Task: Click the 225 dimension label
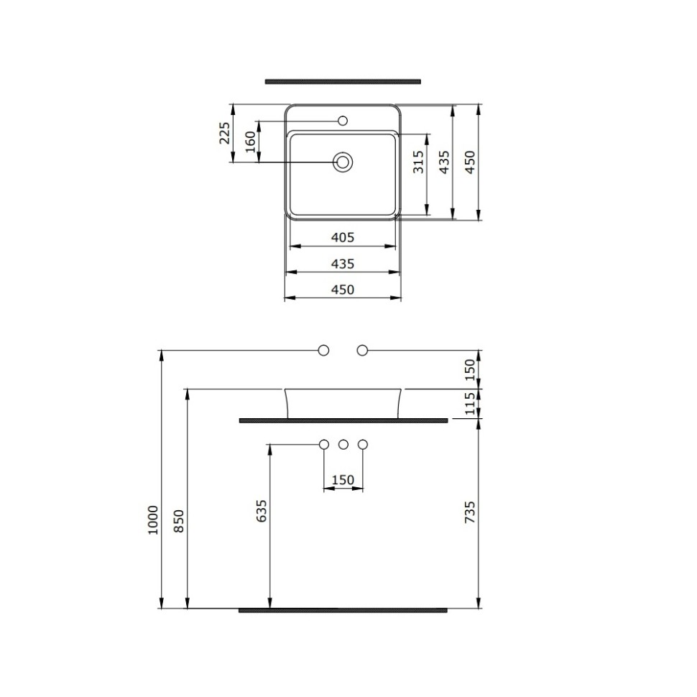(x=225, y=133)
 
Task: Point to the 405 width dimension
(x=343, y=238)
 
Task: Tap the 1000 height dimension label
(x=152, y=518)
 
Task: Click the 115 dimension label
(x=470, y=404)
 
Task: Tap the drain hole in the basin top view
(x=343, y=162)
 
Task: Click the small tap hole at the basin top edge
(x=343, y=119)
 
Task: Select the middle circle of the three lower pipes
(x=343, y=444)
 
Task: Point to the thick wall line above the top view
(x=343, y=81)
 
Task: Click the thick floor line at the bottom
(x=343, y=610)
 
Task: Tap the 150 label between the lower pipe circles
(x=343, y=479)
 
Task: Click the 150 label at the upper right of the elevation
(x=470, y=369)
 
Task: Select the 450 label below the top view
(x=343, y=290)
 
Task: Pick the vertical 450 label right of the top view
(x=470, y=162)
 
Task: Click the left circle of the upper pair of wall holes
(x=323, y=350)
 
